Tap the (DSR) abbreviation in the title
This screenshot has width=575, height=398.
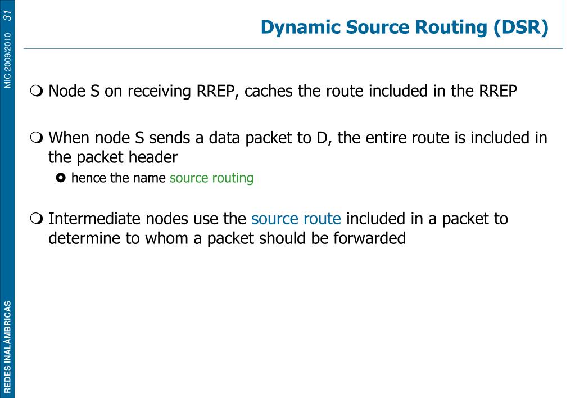pos(520,27)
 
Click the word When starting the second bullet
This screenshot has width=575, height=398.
pos(68,138)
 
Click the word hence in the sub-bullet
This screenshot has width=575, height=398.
pos(84,178)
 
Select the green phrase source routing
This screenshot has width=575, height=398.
pos(211,178)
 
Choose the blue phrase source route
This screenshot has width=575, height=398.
pos(296,218)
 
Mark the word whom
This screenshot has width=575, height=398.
pos(166,238)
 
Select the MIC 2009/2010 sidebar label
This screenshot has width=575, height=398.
pos(7,60)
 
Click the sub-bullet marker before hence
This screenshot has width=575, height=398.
pos(61,179)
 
